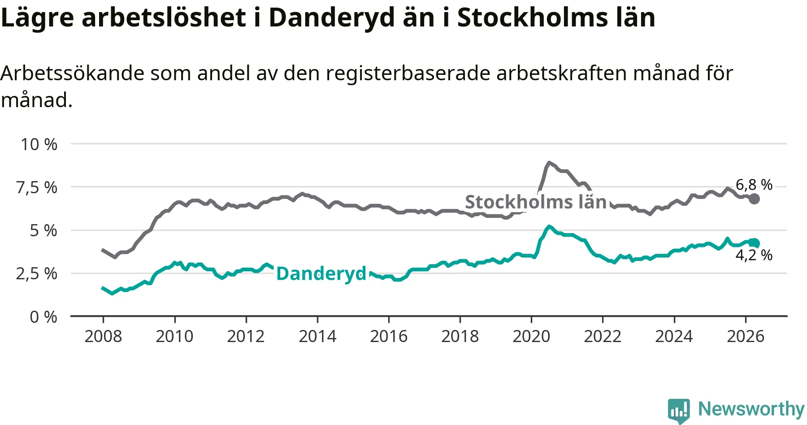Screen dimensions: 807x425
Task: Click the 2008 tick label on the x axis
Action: pos(103,336)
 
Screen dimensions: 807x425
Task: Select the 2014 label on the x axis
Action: pos(317,336)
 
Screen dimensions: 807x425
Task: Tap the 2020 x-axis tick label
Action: pos(531,336)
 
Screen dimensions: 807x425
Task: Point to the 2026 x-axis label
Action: pos(746,336)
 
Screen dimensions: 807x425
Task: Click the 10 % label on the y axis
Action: pos(39,144)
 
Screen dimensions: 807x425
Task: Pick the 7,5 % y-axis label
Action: pos(37,187)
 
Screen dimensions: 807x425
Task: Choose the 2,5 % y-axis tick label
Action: pos(37,273)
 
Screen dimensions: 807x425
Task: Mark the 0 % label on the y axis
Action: pos(43,317)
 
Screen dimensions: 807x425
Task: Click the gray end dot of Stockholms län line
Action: pos(755,199)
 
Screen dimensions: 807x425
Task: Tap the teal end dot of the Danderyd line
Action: pos(755,243)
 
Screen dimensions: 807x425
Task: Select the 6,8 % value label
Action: pos(754,185)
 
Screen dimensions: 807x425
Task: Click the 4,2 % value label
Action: pos(754,255)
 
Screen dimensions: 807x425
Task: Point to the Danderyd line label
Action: pos(321,273)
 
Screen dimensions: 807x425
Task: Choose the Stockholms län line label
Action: pos(536,202)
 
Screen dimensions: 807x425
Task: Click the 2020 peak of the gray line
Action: pos(549,163)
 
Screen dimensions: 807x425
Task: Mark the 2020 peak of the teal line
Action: pos(549,227)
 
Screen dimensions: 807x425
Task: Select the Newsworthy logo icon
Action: pos(679,411)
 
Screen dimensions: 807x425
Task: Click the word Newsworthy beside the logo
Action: pos(751,409)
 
